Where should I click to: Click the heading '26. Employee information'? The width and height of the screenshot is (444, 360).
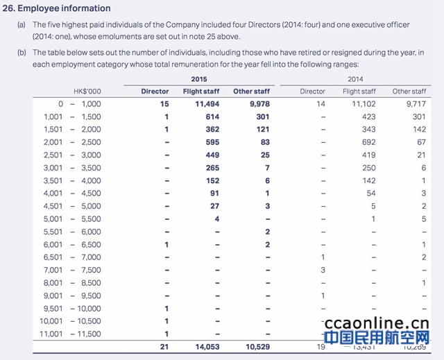click(x=57, y=8)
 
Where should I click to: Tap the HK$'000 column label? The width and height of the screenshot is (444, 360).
click(x=87, y=91)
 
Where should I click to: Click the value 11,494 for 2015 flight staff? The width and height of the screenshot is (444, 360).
click(x=205, y=103)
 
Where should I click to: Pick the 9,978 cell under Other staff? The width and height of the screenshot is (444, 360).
click(x=255, y=103)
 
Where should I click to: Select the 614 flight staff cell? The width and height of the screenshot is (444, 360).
click(x=212, y=117)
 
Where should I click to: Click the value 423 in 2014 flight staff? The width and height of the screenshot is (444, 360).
click(x=368, y=117)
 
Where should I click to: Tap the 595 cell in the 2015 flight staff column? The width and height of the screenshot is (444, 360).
click(x=212, y=142)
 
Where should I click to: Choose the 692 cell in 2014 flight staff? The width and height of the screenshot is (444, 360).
click(x=368, y=142)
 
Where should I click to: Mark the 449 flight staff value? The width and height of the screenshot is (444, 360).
click(x=212, y=155)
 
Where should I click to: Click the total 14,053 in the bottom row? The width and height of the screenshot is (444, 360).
click(x=205, y=347)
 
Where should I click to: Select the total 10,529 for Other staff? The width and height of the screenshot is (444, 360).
click(x=255, y=347)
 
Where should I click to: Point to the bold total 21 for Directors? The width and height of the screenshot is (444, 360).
click(x=164, y=347)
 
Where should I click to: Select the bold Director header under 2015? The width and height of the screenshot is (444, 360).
click(x=155, y=91)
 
